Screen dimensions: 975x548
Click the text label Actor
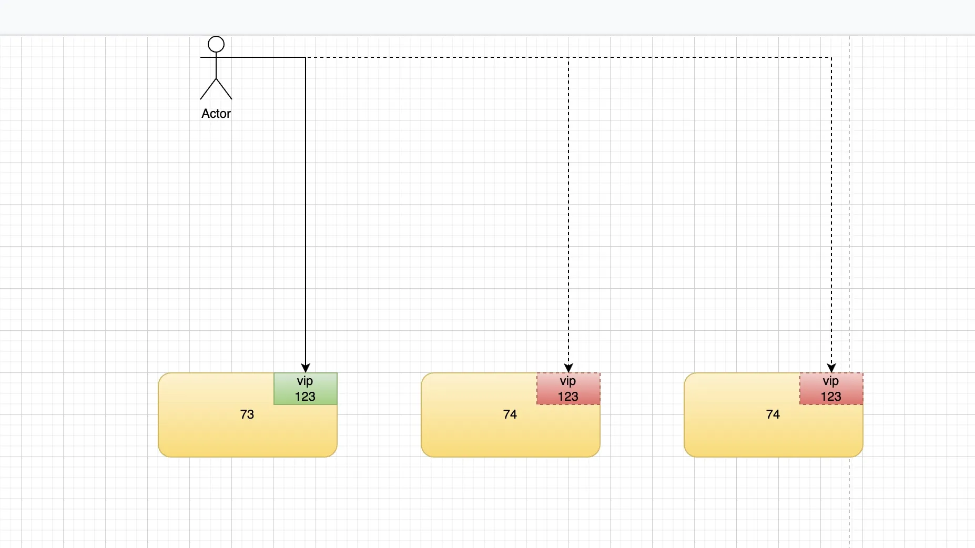(216, 114)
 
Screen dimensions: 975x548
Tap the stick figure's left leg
(208, 89)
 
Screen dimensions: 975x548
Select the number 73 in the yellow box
(247, 414)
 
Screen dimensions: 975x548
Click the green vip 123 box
(306, 389)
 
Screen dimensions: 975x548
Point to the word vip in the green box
(305, 381)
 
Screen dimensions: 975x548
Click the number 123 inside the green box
(305, 397)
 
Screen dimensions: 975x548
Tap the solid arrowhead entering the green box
(306, 368)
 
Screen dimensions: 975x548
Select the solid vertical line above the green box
(306, 210)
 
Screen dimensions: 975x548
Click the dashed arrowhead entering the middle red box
(568, 368)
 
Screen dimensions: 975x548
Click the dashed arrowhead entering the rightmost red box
(831, 368)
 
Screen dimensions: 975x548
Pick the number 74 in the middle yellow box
(510, 414)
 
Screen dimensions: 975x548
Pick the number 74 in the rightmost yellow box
(773, 414)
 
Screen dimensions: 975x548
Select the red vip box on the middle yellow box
(568, 389)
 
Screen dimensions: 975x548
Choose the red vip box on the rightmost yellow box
(831, 389)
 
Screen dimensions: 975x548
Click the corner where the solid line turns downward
(306, 57)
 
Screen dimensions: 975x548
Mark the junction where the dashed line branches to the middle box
(568, 57)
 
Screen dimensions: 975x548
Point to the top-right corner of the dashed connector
(831, 57)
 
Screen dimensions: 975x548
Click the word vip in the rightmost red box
(831, 381)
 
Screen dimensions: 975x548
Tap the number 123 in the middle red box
(568, 397)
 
